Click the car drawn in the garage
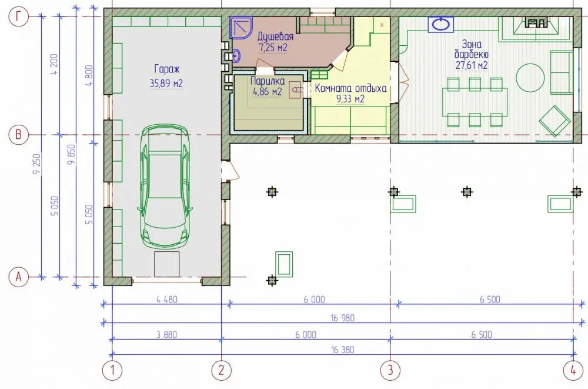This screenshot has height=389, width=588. [165, 187]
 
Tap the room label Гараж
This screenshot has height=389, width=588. [167, 69]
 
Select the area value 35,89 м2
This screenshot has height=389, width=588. [166, 84]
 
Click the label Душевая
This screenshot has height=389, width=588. [275, 36]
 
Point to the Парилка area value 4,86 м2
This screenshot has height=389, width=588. [268, 92]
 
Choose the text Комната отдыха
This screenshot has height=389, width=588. [350, 89]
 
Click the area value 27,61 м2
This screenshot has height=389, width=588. [472, 65]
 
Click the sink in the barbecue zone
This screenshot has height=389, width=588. [441, 24]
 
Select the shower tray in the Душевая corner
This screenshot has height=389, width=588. [240, 28]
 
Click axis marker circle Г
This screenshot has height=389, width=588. [18, 16]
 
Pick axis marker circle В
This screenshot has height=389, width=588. [18, 134]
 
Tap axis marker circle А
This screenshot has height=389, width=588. [18, 277]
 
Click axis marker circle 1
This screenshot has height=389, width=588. [112, 371]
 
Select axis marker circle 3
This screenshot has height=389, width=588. [390, 371]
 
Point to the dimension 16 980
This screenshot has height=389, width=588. [343, 318]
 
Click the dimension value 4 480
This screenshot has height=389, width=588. [167, 300]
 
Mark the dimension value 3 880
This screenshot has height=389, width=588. [166, 334]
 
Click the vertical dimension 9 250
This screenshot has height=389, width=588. [36, 164]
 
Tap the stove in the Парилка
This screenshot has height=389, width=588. [295, 90]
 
